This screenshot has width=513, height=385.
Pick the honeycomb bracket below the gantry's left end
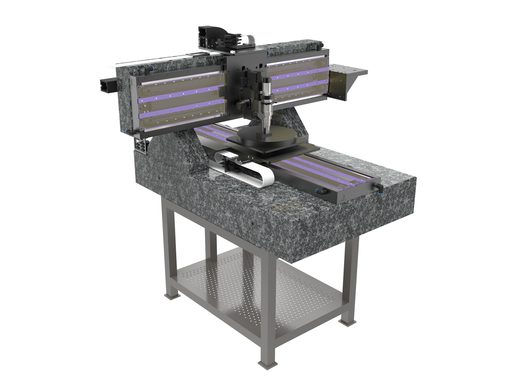141,146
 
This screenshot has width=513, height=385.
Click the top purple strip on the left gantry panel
180,91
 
